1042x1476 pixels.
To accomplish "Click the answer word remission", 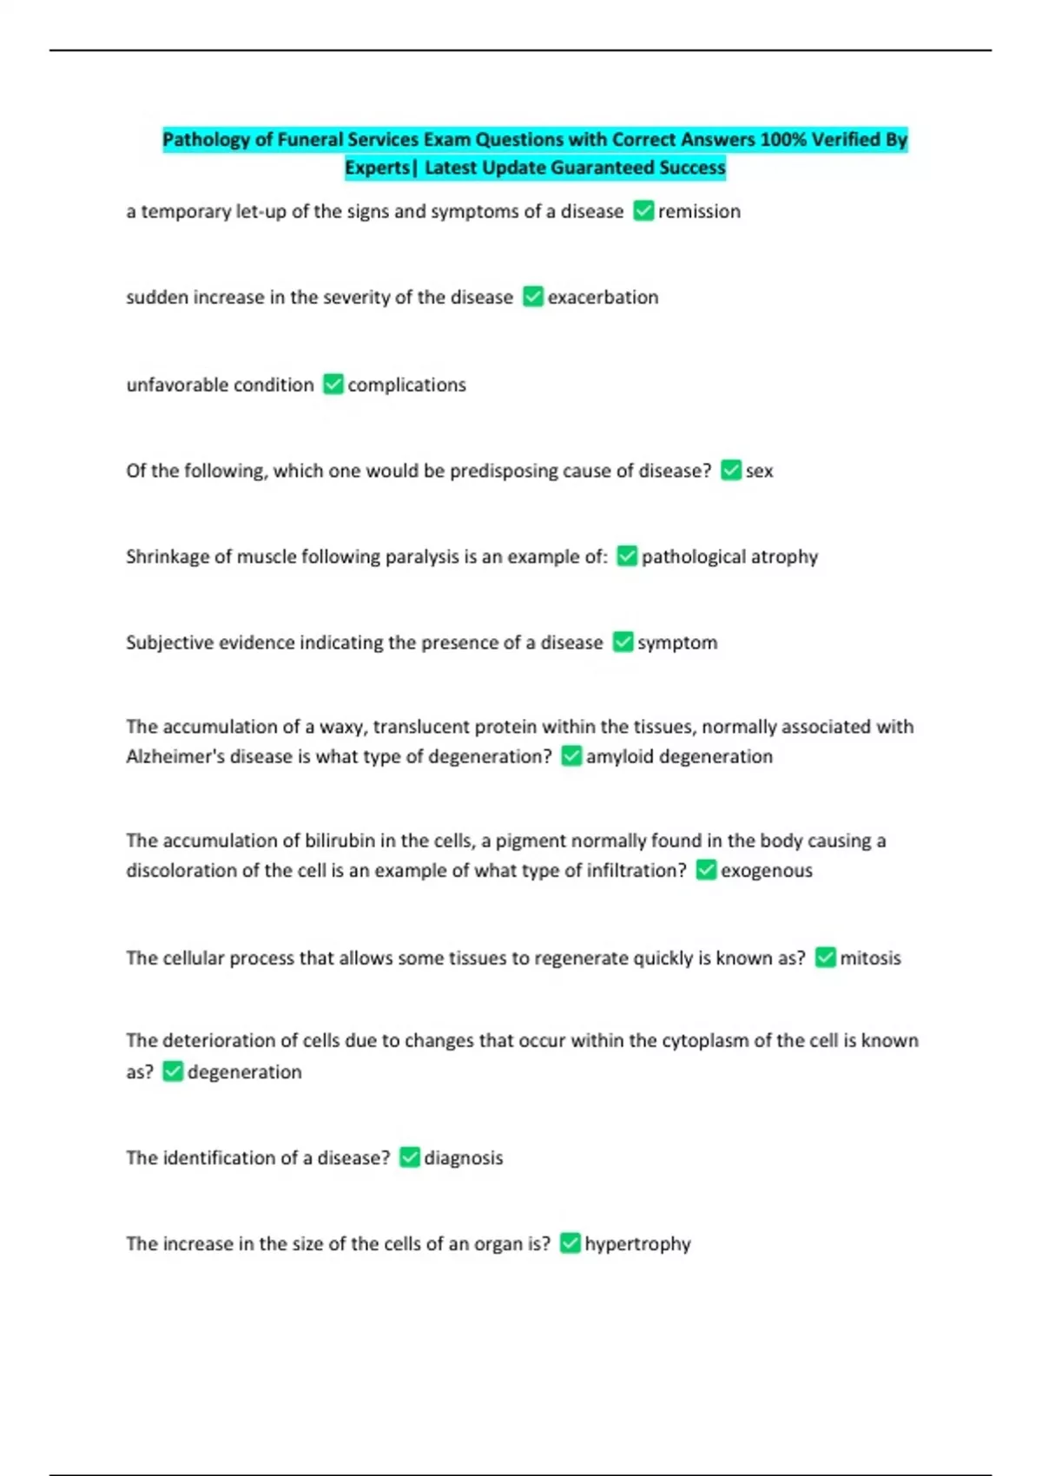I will [x=699, y=212].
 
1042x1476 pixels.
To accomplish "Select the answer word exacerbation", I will [x=603, y=298].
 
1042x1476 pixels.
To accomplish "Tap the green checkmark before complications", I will [x=333, y=385].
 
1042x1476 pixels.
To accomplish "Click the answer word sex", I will [x=759, y=471].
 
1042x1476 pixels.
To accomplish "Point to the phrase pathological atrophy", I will [x=729, y=557].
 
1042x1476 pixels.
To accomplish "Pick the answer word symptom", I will [x=677, y=643].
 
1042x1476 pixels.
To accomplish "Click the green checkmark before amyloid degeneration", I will [x=571, y=756].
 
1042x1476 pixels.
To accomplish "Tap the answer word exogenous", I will [x=767, y=871].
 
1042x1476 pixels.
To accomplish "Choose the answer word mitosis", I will [x=870, y=959].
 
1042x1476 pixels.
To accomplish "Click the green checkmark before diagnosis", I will [x=410, y=1158].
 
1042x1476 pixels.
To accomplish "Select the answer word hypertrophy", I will [x=637, y=1244].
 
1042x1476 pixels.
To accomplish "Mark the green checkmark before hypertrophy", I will [x=570, y=1243].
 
